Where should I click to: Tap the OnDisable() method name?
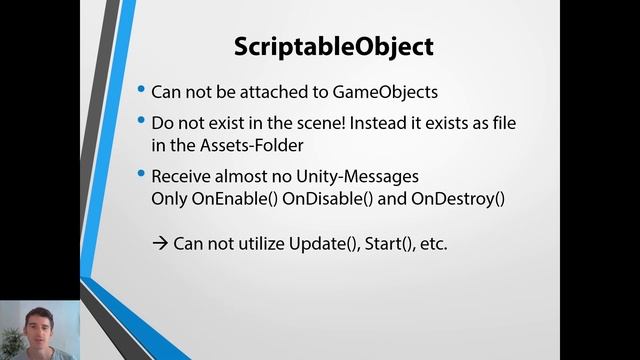(321, 198)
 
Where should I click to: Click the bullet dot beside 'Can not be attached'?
(141, 90)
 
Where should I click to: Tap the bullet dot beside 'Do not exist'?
(141, 121)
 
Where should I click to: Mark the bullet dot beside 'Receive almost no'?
(141, 175)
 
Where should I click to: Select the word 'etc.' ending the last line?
(432, 243)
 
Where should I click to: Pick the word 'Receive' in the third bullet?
(182, 176)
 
